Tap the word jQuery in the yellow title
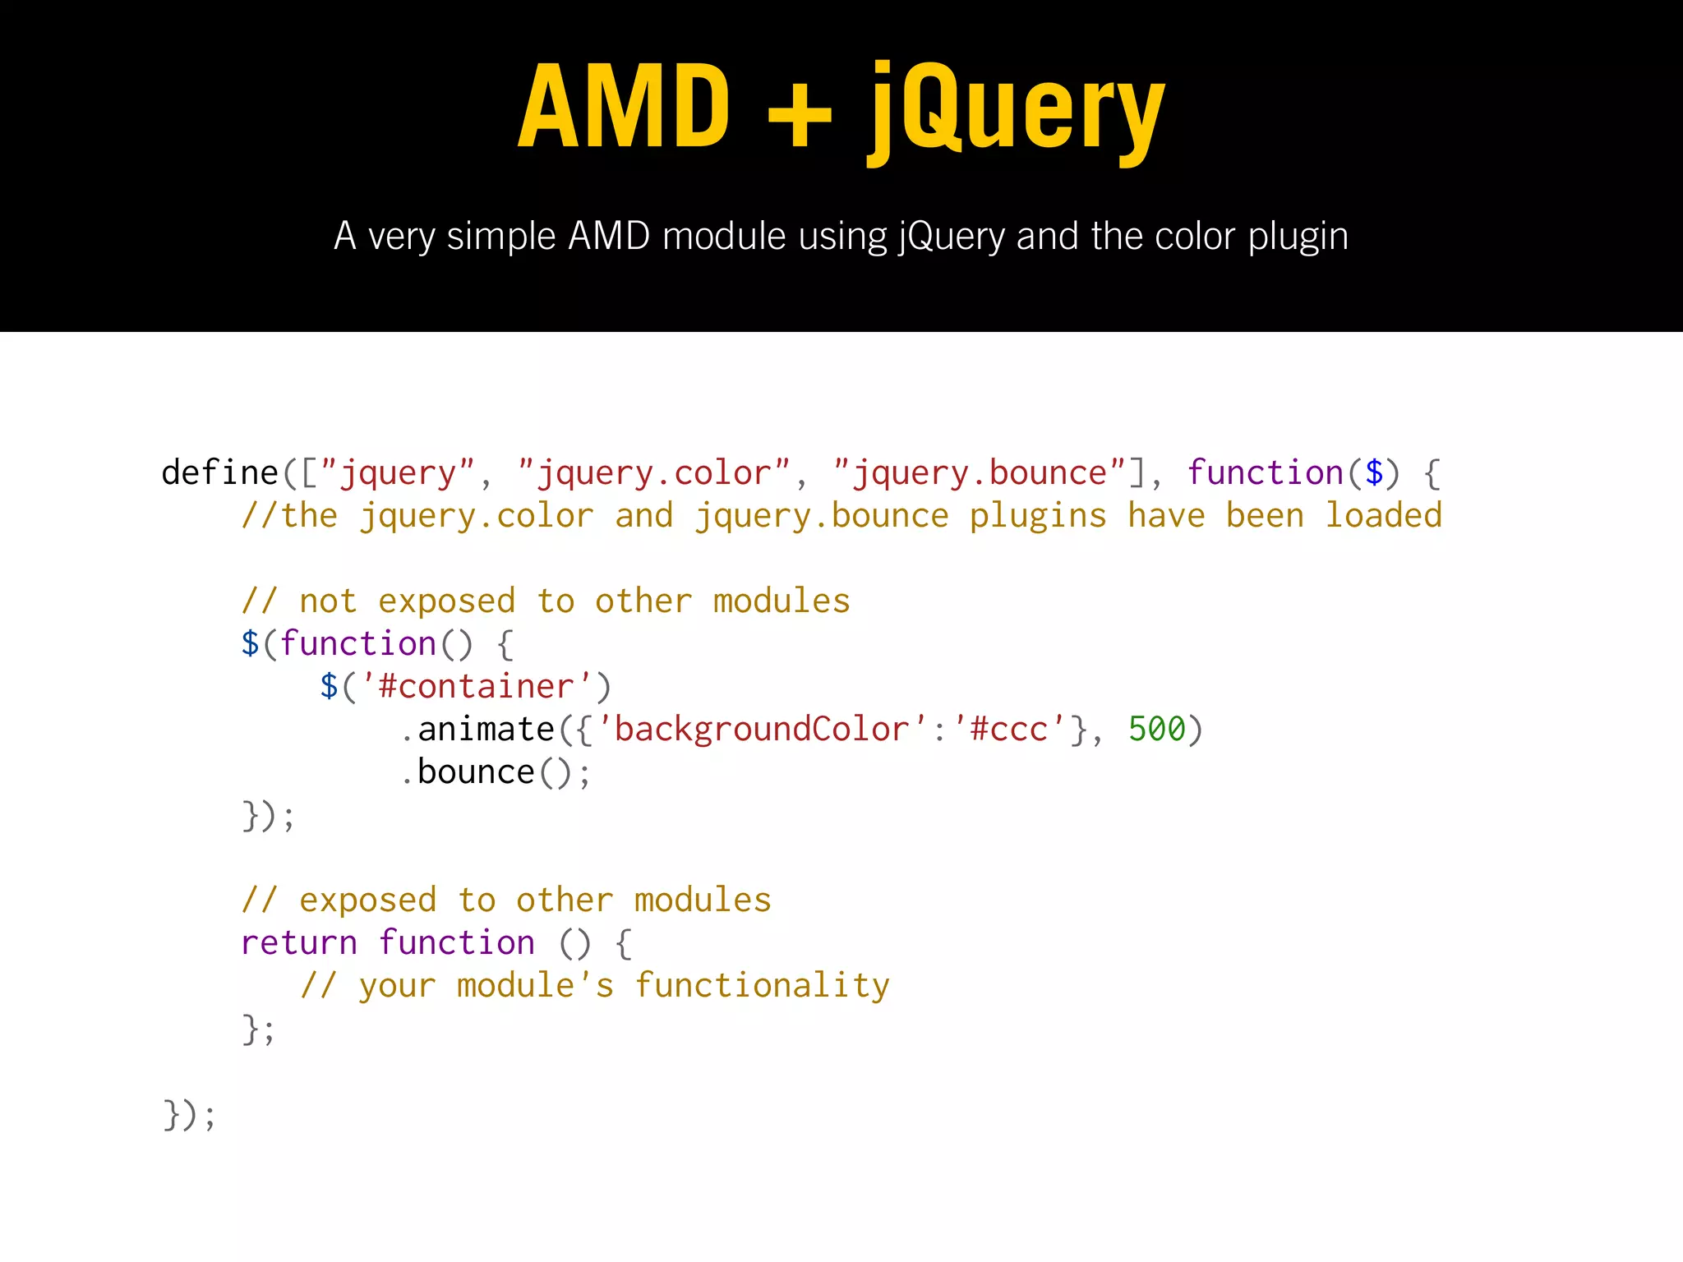(1017, 111)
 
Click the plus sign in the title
(800, 115)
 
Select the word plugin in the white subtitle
(1298, 237)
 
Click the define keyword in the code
(220, 473)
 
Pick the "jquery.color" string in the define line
(654, 473)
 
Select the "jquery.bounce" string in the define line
(979, 473)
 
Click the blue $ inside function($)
(1374, 473)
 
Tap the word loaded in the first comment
(1384, 516)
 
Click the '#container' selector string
(477, 687)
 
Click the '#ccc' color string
(1009, 730)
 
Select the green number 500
(1157, 730)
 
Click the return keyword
(299, 943)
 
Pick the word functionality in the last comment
(762, 986)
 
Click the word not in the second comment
(328, 601)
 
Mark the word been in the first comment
(1265, 516)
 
